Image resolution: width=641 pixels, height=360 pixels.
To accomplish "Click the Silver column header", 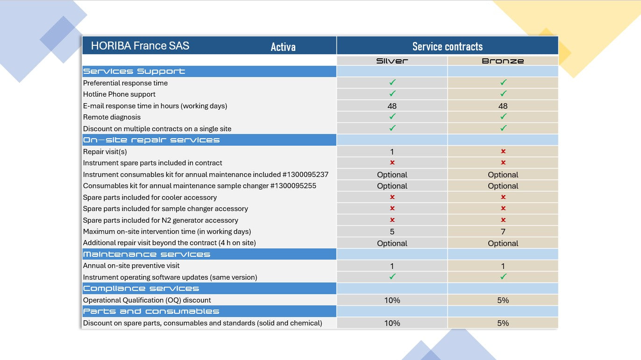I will tap(392, 61).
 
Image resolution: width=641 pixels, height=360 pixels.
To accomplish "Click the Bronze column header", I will tap(503, 61).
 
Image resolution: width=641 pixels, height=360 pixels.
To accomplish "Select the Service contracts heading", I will tap(447, 46).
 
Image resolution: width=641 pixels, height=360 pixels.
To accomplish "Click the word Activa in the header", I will tap(283, 47).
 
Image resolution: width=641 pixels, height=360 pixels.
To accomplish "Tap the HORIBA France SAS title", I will tap(140, 46).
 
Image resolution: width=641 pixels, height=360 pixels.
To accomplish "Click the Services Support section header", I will tap(134, 71).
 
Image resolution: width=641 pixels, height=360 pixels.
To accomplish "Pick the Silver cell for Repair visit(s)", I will tap(392, 152).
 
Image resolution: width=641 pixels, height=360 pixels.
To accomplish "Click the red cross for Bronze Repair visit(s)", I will tap(503, 151).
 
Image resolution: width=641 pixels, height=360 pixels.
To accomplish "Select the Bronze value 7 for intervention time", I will tap(503, 232).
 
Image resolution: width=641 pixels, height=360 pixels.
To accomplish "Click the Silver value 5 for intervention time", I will tap(392, 232).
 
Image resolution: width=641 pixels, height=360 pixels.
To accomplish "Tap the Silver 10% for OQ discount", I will tap(392, 300).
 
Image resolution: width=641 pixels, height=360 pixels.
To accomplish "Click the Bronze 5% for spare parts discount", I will tap(503, 323).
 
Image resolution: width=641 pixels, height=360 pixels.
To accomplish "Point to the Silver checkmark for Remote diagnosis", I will tap(392, 117).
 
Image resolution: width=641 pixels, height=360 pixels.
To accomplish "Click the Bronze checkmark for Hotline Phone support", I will tap(503, 94).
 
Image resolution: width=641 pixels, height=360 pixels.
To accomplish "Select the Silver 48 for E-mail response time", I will tap(392, 106).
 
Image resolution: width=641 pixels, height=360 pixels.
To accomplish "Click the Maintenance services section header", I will tap(147, 254).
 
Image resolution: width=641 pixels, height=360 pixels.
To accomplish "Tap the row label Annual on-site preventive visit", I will tap(131, 266).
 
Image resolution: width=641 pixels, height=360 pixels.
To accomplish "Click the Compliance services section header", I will tap(141, 289).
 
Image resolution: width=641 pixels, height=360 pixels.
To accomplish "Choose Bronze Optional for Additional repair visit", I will tap(503, 243).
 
